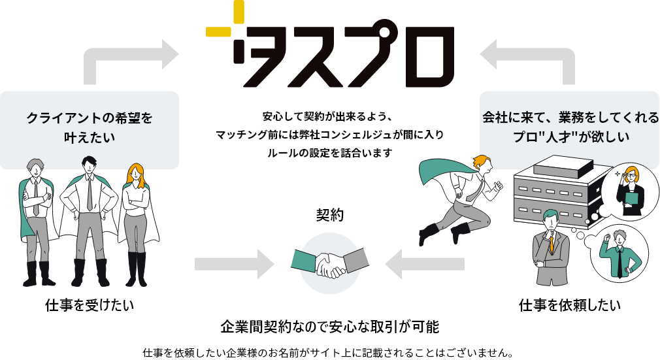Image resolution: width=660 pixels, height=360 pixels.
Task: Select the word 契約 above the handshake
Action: click(x=329, y=215)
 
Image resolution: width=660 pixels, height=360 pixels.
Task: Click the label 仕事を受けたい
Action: click(x=90, y=305)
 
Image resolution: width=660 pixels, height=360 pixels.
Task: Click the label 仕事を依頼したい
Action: click(x=569, y=305)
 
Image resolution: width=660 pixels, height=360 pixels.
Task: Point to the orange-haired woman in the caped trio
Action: click(x=135, y=216)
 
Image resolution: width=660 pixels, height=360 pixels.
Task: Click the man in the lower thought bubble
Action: click(x=617, y=252)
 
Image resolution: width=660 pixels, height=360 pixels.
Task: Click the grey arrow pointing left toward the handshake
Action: click(x=425, y=264)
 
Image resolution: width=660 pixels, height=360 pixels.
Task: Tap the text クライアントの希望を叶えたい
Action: click(x=90, y=127)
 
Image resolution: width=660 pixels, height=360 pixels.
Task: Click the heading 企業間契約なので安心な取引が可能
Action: click(x=329, y=326)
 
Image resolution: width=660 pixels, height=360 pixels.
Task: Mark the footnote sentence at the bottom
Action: click(x=329, y=352)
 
